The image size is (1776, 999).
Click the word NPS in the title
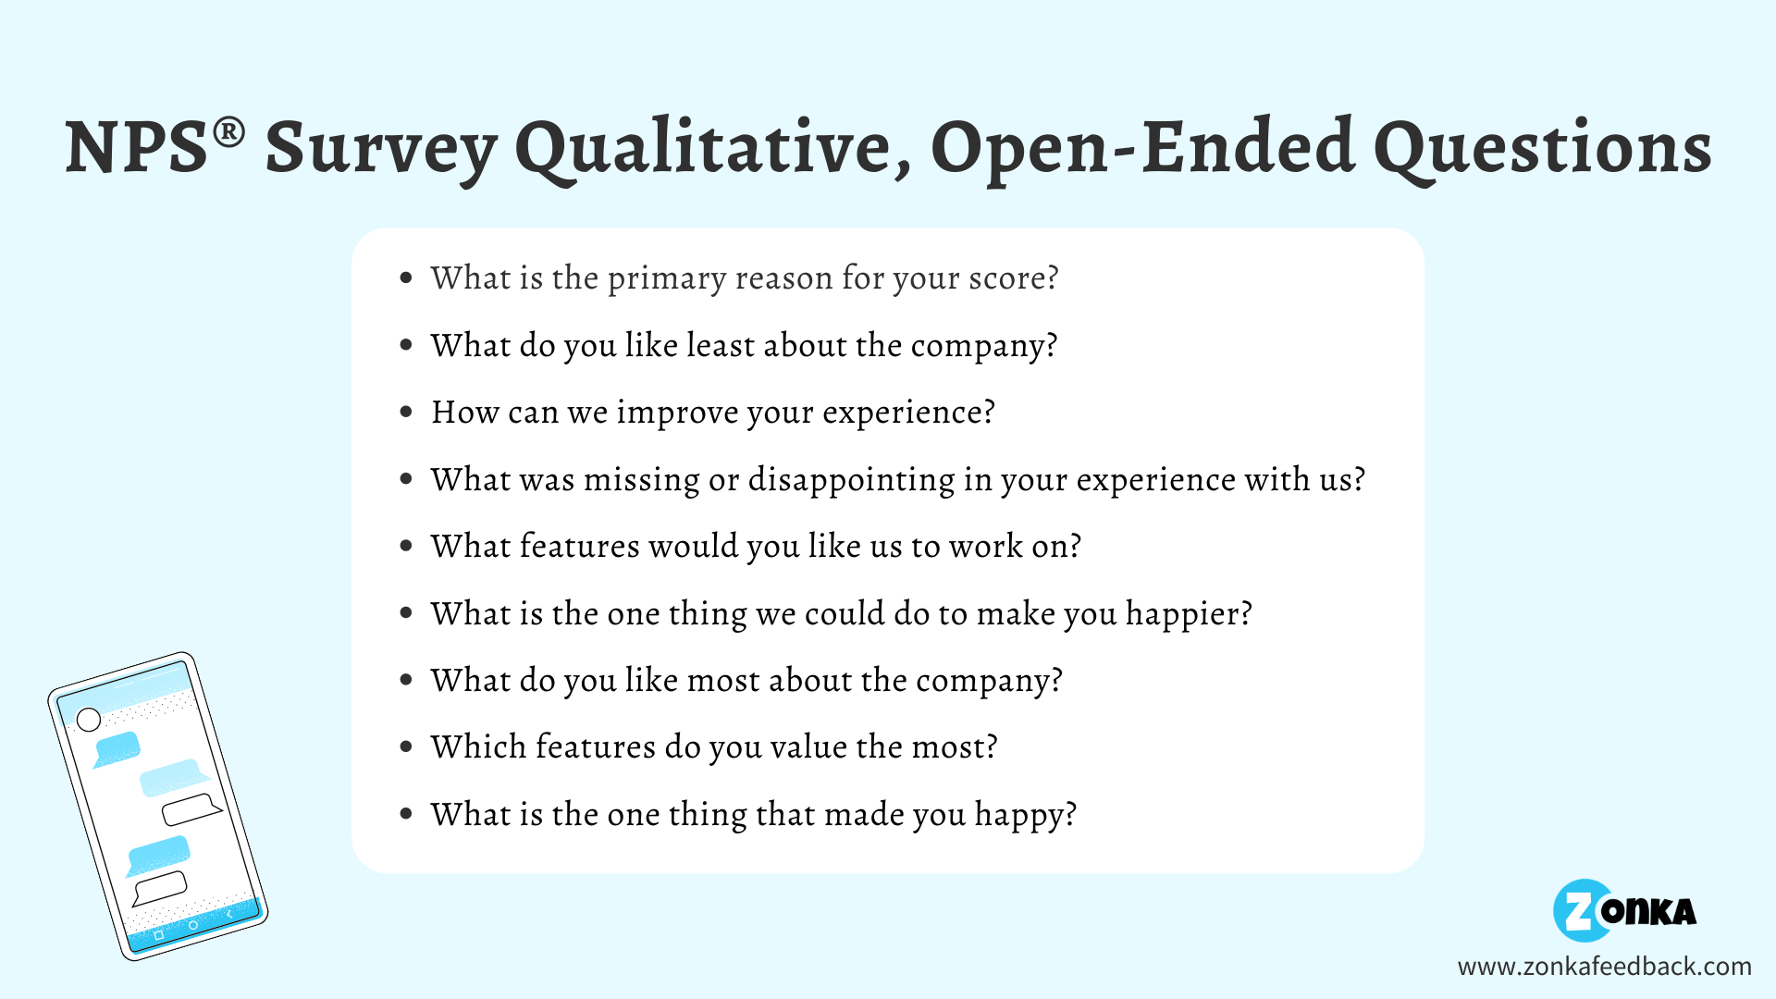pos(137,148)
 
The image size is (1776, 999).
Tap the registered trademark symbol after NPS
pos(229,132)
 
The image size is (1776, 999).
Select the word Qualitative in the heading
pos(712,148)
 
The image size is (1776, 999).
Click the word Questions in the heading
pos(1543,148)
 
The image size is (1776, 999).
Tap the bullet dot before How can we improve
pos(406,412)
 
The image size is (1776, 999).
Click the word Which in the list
pos(478,746)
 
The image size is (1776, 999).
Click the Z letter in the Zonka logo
pos(1581,911)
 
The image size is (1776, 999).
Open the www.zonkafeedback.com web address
pos(1604,967)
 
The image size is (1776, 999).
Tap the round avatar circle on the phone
pos(89,719)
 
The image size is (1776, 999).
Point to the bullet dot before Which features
pos(406,746)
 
